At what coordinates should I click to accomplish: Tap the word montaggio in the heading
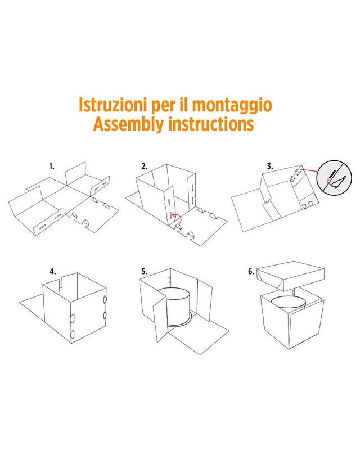point(232,106)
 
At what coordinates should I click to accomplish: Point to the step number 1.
point(52,166)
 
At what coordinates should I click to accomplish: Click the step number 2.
point(145,166)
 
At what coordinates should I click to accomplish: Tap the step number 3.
point(270,166)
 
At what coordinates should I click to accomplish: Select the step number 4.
point(53,272)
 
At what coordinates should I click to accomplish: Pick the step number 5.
point(145,272)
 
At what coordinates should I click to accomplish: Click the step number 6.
point(251,272)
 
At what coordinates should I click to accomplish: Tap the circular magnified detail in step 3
point(334,178)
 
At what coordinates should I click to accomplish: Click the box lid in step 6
point(290,276)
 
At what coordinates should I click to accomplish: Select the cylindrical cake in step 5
point(174,307)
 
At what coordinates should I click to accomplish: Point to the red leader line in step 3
point(308,171)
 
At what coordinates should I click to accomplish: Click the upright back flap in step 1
point(75,173)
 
